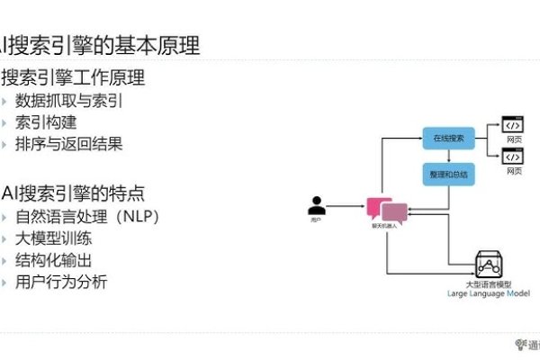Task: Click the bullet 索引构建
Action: pos(48,121)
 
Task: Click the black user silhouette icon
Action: pos(315,204)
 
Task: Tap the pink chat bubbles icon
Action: pos(382,211)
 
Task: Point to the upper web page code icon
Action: pos(512,126)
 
